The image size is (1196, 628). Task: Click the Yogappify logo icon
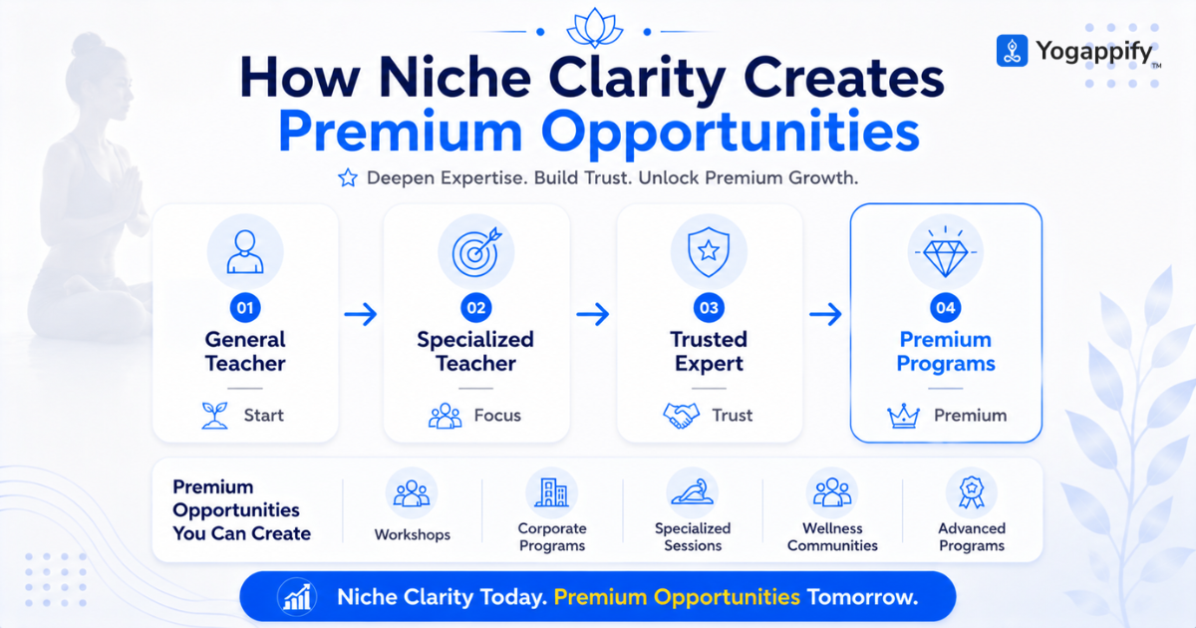click(x=1012, y=51)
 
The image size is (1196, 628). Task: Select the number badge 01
click(x=245, y=308)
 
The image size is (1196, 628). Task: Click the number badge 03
click(x=709, y=308)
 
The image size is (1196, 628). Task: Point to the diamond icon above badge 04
click(x=946, y=251)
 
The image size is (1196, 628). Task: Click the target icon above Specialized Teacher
click(x=476, y=252)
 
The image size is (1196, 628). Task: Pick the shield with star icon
click(x=709, y=251)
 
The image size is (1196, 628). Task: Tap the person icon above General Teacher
click(x=245, y=252)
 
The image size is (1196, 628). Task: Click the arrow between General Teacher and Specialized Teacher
click(x=361, y=314)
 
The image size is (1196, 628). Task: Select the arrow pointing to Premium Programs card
click(x=825, y=314)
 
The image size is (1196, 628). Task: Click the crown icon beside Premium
click(x=903, y=416)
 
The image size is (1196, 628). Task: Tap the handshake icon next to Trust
click(x=681, y=416)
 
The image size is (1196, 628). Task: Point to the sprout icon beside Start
click(x=214, y=416)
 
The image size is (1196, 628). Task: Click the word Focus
click(x=497, y=415)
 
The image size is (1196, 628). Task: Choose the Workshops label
click(x=413, y=534)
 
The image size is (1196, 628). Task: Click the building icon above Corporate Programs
click(x=552, y=492)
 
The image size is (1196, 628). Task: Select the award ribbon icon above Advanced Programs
click(x=972, y=492)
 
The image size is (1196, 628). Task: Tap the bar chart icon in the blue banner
click(x=297, y=596)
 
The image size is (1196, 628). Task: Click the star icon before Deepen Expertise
click(x=348, y=177)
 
